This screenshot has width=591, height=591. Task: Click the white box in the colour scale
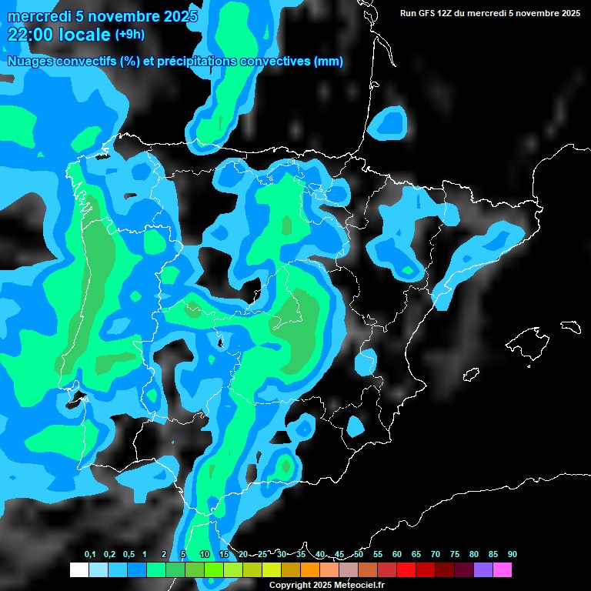(x=78, y=569)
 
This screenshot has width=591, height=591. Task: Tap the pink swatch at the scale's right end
(x=502, y=569)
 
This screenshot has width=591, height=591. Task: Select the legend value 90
(x=512, y=554)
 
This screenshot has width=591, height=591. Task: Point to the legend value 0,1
(x=90, y=554)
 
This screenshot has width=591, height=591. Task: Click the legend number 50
(x=359, y=554)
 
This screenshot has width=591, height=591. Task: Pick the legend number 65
(x=416, y=554)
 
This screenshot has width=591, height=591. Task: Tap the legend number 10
(x=205, y=554)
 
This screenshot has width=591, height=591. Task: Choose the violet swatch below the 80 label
(x=482, y=569)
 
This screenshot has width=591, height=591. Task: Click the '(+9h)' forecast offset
(x=129, y=35)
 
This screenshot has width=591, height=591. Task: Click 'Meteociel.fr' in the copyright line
(x=360, y=585)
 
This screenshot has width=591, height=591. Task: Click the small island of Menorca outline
(x=570, y=326)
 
